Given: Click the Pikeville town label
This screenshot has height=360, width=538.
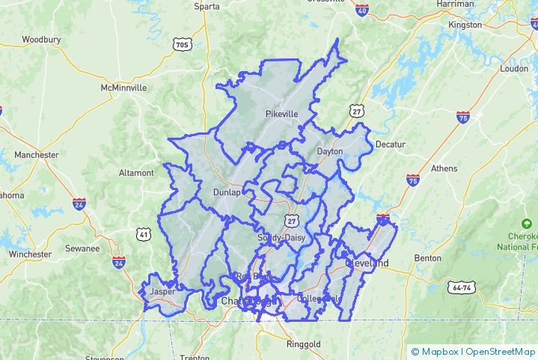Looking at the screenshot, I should tap(281, 114).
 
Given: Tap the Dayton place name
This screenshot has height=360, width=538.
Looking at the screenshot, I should tap(330, 151).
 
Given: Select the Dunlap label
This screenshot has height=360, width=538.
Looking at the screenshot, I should tap(227, 192).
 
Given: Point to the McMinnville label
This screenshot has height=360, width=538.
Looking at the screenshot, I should tap(123, 88).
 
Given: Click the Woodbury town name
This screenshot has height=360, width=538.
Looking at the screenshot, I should tap(41, 39).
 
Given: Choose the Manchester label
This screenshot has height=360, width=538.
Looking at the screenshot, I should tap(36, 155).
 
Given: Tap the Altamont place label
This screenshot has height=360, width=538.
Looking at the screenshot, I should tap(136, 173).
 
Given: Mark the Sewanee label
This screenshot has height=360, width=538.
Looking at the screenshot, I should tap(82, 248).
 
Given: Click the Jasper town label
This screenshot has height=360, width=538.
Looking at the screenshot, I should tap(162, 292).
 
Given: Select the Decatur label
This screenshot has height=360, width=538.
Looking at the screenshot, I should tap(390, 144).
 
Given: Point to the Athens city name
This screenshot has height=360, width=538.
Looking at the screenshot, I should tap(444, 168).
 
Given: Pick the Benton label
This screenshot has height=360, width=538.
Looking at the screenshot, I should tap(428, 258).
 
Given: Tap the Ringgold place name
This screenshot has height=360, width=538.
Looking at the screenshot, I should tap(303, 344).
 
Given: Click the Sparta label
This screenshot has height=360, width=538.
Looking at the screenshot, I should tap(207, 6).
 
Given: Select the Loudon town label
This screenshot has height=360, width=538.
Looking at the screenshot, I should tap(514, 68).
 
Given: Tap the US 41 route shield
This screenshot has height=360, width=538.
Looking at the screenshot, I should tap(144, 235).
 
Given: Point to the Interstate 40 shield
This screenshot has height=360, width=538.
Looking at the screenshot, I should tap(362, 10).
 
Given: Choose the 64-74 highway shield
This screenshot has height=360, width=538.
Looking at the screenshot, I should tap(462, 287).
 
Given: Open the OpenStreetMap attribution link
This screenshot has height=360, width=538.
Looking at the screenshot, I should tap(501, 352).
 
